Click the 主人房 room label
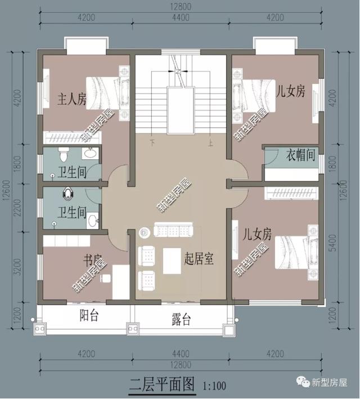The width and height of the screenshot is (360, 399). (x=72, y=100)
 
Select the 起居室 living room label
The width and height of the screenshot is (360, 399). (x=199, y=259)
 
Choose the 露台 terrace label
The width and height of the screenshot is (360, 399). (x=181, y=320)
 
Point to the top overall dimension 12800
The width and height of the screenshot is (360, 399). (x=181, y=7)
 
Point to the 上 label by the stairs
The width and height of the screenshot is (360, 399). (x=210, y=143)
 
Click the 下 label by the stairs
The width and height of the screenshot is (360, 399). (x=152, y=143)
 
